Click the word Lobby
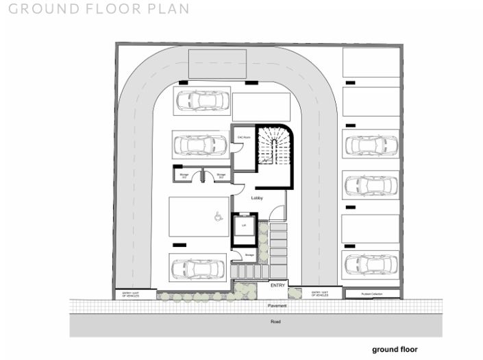[257, 197]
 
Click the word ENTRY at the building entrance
[277, 285]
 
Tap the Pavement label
[277, 306]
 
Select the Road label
[275, 321]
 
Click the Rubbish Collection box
[371, 294]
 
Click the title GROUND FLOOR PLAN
[95, 10]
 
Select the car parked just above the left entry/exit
[197, 268]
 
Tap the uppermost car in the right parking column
[371, 145]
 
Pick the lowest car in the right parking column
[371, 263]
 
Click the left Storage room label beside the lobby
[184, 176]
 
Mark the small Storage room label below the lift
[249, 256]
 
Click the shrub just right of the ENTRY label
[295, 293]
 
